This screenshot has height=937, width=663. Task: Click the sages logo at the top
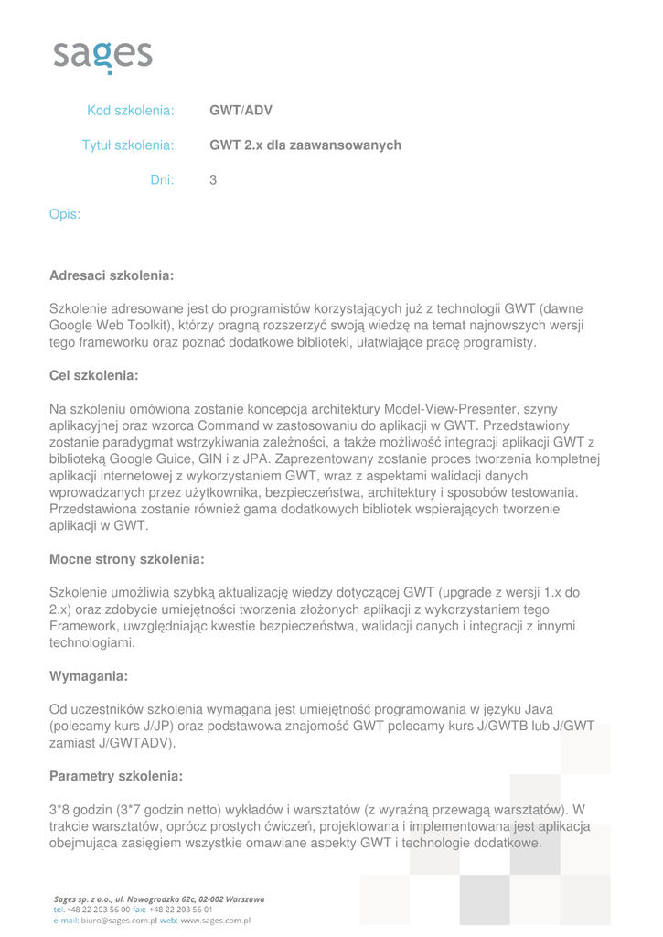pyautogui.click(x=102, y=57)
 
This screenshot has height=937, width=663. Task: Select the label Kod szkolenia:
pyautogui.click(x=130, y=111)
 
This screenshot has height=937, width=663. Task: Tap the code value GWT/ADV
pyautogui.click(x=241, y=111)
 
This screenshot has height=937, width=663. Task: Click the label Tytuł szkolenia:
pyautogui.click(x=128, y=145)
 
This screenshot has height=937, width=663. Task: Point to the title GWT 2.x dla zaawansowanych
pyautogui.click(x=305, y=145)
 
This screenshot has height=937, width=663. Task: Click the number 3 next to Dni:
pyautogui.click(x=213, y=180)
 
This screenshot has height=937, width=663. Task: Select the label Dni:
pyautogui.click(x=162, y=180)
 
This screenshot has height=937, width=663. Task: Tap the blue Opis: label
pyautogui.click(x=65, y=215)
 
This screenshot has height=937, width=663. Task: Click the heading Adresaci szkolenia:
pyautogui.click(x=112, y=275)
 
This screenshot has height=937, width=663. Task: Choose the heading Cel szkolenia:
pyautogui.click(x=93, y=375)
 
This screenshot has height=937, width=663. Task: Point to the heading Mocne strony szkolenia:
pyautogui.click(x=126, y=559)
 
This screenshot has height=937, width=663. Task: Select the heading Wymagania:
pyautogui.click(x=88, y=676)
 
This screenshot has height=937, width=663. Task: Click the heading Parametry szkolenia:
pyautogui.click(x=116, y=776)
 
